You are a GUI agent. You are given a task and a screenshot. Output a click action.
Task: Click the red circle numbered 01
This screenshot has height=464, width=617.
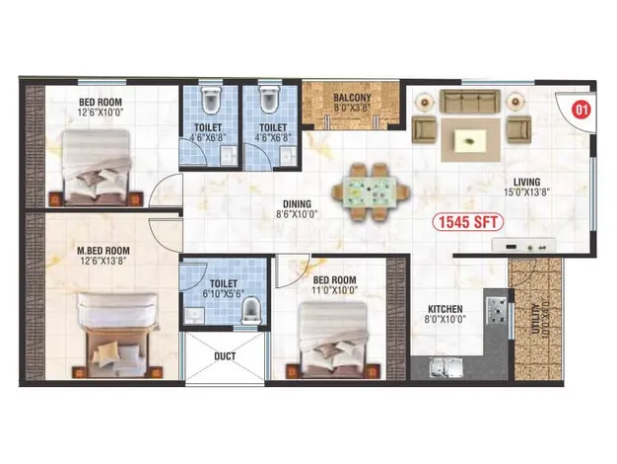pos(582,110)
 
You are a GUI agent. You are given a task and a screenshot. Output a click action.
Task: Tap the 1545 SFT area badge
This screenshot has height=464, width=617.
pos(468,222)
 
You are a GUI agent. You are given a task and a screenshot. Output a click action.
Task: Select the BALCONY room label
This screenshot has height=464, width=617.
pos(352,98)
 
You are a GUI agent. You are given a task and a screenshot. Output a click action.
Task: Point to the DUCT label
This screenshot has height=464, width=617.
pos(225,356)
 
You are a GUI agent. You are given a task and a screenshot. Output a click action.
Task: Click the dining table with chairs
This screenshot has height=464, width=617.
pos(372,193)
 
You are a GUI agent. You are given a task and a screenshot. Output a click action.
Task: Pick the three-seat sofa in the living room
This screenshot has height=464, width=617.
pos(470,102)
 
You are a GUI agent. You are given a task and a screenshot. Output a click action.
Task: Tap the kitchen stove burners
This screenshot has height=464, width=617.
pos(498,310)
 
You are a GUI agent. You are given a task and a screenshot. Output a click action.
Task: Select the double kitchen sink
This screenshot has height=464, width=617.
pos(446,368)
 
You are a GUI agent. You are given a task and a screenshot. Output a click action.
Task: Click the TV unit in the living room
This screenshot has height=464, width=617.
pos(523,245)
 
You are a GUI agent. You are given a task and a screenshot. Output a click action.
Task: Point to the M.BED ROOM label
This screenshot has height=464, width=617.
pos(103,251)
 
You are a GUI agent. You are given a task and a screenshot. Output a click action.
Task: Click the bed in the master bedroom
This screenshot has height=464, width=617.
pos(116,335)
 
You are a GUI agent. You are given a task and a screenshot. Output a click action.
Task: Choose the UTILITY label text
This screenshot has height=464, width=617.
pos(535,319)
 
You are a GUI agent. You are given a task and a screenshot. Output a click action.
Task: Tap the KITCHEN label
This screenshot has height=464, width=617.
pos(446,309)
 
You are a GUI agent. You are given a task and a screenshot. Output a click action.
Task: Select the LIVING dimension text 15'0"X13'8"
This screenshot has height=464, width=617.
pos(526,193)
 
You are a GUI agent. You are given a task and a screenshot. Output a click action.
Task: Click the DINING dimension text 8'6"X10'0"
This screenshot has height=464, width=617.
pos(297,214)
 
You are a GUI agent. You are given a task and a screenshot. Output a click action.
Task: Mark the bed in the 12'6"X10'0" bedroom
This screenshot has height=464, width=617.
pos(96,168)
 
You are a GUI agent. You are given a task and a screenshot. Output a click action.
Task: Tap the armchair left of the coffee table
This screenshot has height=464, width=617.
pos(424,129)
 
